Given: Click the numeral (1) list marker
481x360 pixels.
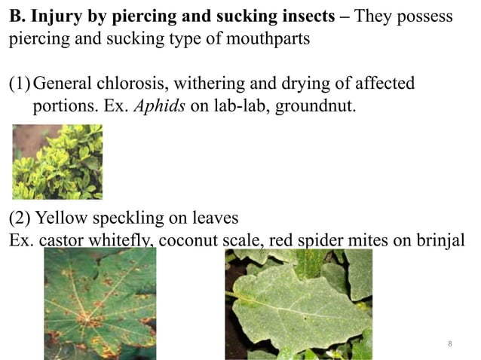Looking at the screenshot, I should [x=20, y=83].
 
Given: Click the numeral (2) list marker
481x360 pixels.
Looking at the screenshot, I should [x=20, y=218].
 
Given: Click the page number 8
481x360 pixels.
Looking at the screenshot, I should [x=449, y=344].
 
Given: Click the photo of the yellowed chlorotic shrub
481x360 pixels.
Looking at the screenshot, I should [x=57, y=161].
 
